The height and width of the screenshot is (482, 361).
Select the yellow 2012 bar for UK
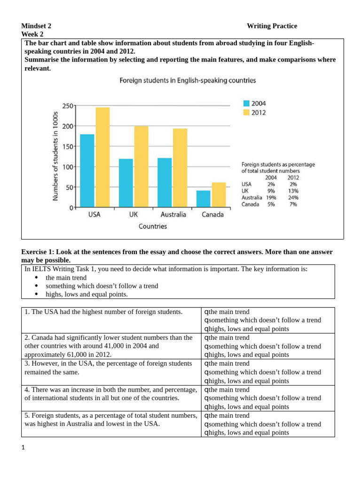(x=141, y=167)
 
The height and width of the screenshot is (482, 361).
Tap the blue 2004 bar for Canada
(x=203, y=199)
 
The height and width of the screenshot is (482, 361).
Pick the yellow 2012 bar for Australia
(x=180, y=168)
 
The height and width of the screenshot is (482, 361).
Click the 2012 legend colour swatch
(x=246, y=112)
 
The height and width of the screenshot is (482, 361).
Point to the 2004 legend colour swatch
(x=246, y=103)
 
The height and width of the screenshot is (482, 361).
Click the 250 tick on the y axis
(x=67, y=106)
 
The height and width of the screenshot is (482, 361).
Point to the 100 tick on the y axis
(x=67, y=167)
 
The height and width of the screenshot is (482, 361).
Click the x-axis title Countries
(x=152, y=226)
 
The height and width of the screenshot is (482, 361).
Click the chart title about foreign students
(x=188, y=80)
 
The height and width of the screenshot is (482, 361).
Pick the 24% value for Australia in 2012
(x=293, y=198)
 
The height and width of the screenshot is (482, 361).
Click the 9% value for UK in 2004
(x=271, y=191)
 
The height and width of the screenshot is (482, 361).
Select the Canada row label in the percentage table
(x=250, y=204)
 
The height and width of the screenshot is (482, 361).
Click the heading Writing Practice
(x=272, y=26)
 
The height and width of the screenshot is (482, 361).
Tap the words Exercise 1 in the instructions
(x=38, y=252)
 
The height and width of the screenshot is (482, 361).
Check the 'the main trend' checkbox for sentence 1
(x=206, y=312)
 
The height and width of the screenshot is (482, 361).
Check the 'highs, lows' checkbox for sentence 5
(x=206, y=433)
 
